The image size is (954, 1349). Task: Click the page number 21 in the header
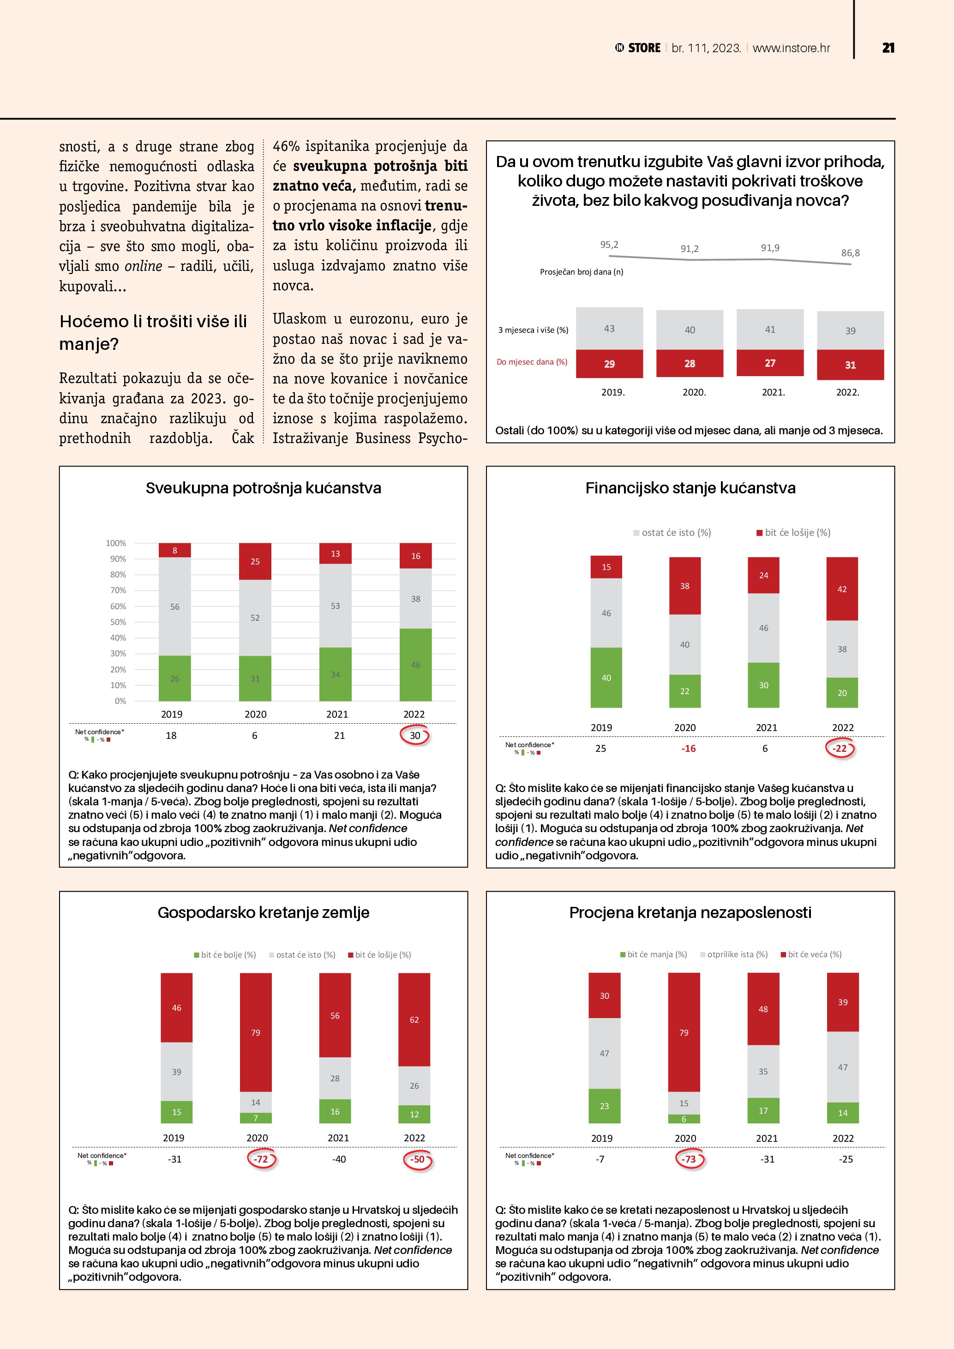(x=888, y=48)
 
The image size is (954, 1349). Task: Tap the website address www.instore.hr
(x=791, y=48)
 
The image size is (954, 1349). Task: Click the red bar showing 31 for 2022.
(x=850, y=365)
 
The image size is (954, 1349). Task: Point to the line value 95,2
(x=609, y=245)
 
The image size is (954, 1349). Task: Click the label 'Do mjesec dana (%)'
(x=532, y=362)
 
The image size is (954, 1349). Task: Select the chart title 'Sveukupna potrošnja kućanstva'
(x=263, y=488)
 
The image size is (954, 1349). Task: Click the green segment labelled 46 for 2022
(x=415, y=665)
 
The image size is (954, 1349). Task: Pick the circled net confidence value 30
(x=415, y=736)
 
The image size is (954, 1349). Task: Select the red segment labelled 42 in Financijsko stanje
(x=842, y=589)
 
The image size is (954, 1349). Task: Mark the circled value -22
(x=840, y=749)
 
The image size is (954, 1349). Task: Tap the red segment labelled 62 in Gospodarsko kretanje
(x=414, y=1019)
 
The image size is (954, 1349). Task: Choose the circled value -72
(x=261, y=1159)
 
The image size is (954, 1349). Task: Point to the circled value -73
(x=689, y=1159)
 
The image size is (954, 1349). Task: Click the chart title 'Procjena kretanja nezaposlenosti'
(x=690, y=912)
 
